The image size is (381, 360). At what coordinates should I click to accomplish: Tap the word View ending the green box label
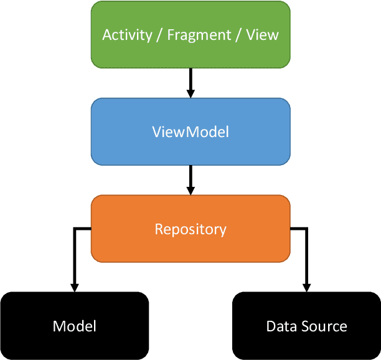[x=262, y=34]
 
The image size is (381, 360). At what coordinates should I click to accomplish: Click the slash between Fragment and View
[x=238, y=34]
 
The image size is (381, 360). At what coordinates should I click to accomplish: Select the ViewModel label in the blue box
[x=190, y=132]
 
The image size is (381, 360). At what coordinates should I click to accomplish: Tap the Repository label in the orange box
[x=190, y=229]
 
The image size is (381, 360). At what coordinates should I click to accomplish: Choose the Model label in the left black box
[x=74, y=326]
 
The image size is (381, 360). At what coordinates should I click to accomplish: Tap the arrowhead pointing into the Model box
[x=75, y=287]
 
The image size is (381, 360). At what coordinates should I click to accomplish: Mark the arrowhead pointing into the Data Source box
[x=306, y=287]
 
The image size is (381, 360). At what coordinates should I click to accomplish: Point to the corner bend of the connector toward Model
[x=75, y=229]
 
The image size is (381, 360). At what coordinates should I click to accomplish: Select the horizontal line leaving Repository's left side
[x=83, y=229]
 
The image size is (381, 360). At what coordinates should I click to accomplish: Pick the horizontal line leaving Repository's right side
[x=298, y=229]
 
